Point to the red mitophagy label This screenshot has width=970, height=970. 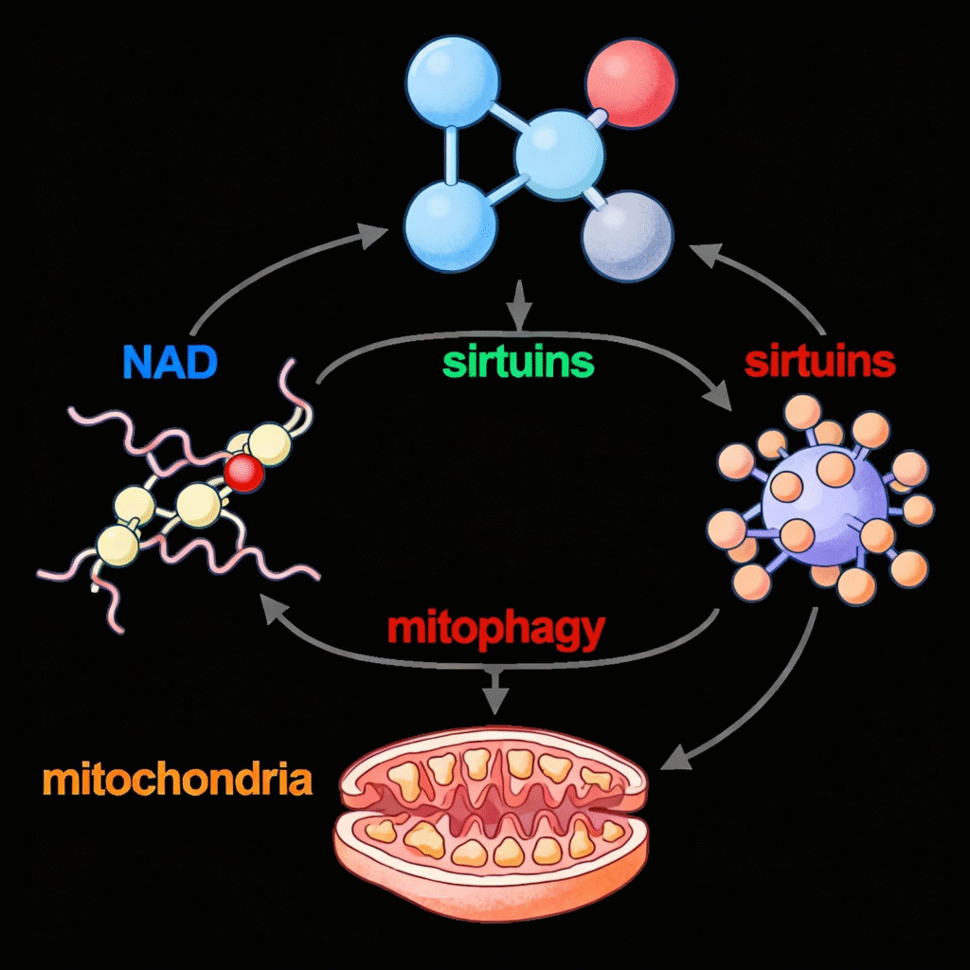(x=495, y=628)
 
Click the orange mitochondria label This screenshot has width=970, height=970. (x=177, y=781)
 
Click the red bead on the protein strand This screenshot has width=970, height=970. (x=245, y=471)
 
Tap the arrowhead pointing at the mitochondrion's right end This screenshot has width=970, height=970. (x=674, y=759)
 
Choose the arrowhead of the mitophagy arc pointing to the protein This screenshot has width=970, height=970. (x=271, y=611)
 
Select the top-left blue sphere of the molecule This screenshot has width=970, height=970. (x=452, y=84)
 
